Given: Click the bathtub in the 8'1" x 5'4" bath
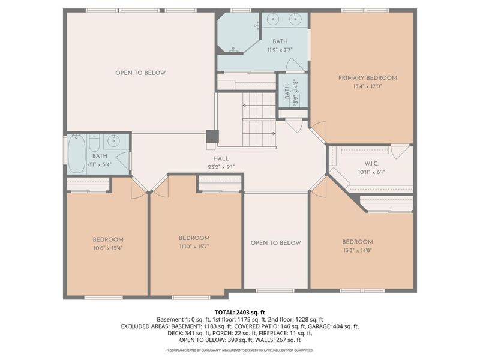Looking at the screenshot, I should (77, 154).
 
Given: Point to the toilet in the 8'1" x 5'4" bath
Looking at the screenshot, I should (94, 143).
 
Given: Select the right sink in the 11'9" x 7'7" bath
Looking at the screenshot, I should (295, 19).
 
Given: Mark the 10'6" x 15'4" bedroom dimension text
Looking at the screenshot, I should (108, 247).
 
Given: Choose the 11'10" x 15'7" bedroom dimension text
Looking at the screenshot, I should (194, 246).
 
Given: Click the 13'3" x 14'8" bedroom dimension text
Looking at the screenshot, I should (358, 250).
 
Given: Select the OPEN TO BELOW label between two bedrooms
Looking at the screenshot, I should (275, 243).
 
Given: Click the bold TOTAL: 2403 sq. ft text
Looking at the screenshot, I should (239, 313).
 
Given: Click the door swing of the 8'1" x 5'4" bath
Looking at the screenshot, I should (123, 161).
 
